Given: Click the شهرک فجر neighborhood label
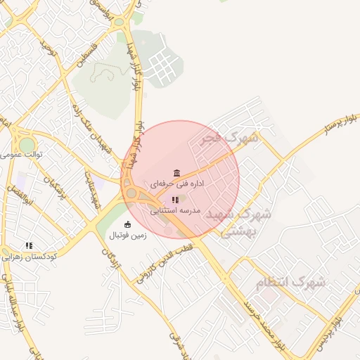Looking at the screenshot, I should tap(229, 139).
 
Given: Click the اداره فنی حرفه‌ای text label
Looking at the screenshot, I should tap(176, 184).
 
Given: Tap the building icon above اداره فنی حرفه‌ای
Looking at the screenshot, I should tap(176, 173).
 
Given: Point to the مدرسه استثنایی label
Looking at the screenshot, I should tap(175, 210).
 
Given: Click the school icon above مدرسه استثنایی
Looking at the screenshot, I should tap(175, 200).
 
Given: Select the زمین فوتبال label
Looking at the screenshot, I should tap(127, 236).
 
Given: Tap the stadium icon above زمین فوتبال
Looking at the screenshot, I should tap(127, 225).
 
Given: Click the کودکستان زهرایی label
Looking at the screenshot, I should tap(29, 257).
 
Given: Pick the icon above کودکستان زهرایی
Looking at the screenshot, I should tap(29, 245).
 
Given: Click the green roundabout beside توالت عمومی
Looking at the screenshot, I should tap(27, 143).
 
